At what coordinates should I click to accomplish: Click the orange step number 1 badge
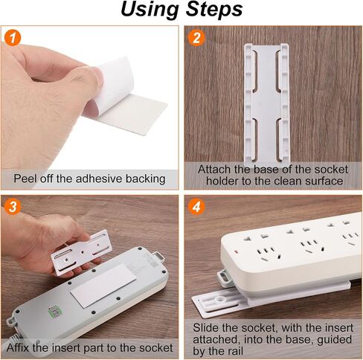coord(13,38)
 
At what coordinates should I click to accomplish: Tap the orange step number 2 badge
coord(196,38)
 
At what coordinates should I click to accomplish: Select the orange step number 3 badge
coord(13,207)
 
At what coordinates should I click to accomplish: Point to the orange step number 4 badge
coord(196,207)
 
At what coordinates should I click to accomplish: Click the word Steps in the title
coord(214,10)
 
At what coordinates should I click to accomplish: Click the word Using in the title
coord(150,10)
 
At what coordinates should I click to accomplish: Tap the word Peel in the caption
coord(25,179)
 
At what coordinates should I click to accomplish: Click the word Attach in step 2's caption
coord(214,170)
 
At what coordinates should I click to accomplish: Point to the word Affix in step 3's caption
coord(18,347)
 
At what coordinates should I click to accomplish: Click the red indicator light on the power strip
coord(236,252)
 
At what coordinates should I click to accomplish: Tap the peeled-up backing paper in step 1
coord(112,84)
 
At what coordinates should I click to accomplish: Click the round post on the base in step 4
coord(220,299)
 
